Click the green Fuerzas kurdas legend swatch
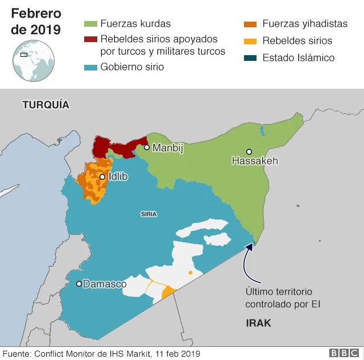[90, 24]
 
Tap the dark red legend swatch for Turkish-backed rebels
[90, 39]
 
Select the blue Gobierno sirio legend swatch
[90, 67]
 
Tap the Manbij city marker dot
[146, 147]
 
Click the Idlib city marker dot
[102, 177]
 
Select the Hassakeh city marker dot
[249, 151]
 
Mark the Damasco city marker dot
[78, 283]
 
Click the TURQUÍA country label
[45, 105]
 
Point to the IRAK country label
[258, 323]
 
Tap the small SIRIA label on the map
[148, 214]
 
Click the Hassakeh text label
[255, 162]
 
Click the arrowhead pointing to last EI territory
[249, 246]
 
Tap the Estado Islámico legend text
[298, 57]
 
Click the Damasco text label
[105, 284]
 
